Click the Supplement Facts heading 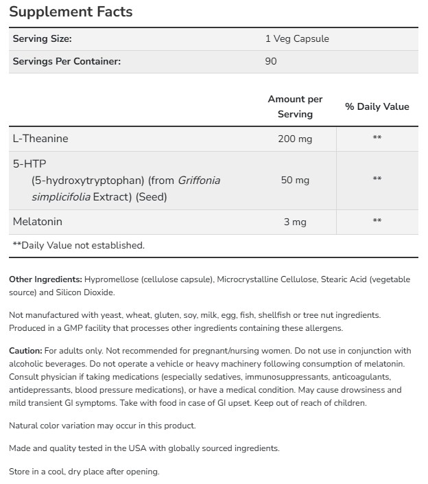coord(71,12)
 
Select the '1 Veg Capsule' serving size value coord(297,38)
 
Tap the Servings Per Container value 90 coord(271,61)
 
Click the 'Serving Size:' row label coord(42,38)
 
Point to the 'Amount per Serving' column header coord(295,106)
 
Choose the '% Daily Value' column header coord(377,106)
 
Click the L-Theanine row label coord(40,139)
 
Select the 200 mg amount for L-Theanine coord(295,139)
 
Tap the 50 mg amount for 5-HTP coord(295,180)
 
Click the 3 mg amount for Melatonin coord(295,222)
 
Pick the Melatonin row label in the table coord(37,222)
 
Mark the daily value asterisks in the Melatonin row coord(377,221)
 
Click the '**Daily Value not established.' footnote coord(78,244)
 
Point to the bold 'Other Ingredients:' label coord(45,279)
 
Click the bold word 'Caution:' coord(25,350)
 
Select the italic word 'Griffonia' coord(199,181)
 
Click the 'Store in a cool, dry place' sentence coord(84,472)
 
